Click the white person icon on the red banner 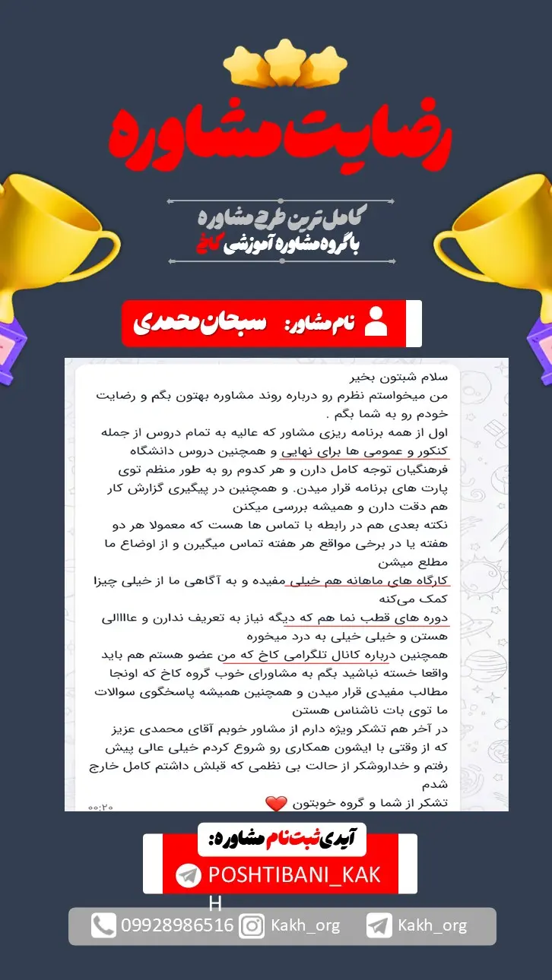[376, 322]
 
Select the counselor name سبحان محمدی [201, 323]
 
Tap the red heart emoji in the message [275, 803]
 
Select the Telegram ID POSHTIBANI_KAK [293, 874]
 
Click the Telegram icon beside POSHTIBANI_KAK [188, 875]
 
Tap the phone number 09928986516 [177, 925]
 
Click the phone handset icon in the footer [103, 925]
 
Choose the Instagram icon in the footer [252, 925]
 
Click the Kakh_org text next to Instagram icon [306, 925]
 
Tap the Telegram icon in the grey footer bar [379, 925]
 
